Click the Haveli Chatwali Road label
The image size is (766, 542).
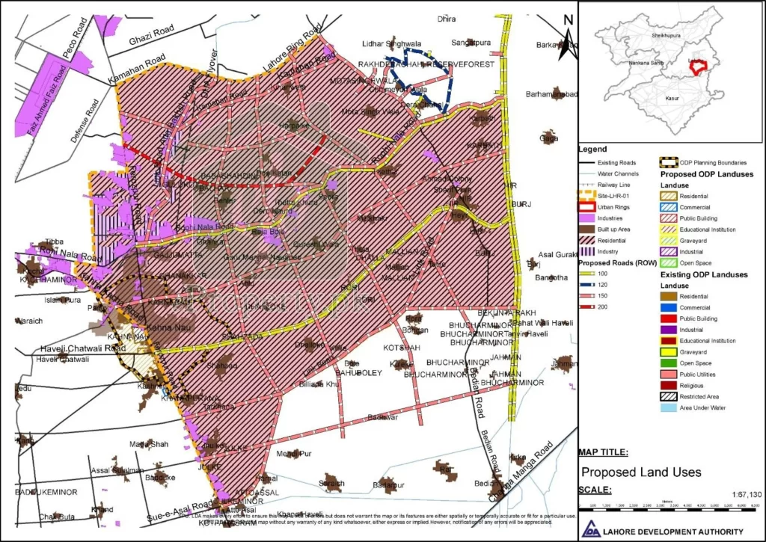pyautogui.click(x=82, y=348)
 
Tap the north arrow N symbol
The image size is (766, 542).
pyautogui.click(x=568, y=20)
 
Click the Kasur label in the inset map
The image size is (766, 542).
pyautogui.click(x=671, y=98)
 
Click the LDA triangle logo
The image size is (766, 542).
pyautogui.click(x=592, y=528)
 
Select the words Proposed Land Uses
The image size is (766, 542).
pyautogui.click(x=641, y=472)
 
